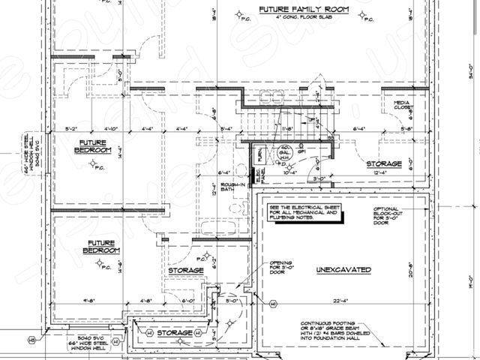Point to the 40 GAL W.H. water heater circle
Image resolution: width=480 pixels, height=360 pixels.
pyautogui.click(x=285, y=152)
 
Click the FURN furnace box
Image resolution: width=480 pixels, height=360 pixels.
pyautogui.click(x=259, y=155)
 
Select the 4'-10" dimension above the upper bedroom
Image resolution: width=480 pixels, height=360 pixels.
pyautogui.click(x=110, y=129)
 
